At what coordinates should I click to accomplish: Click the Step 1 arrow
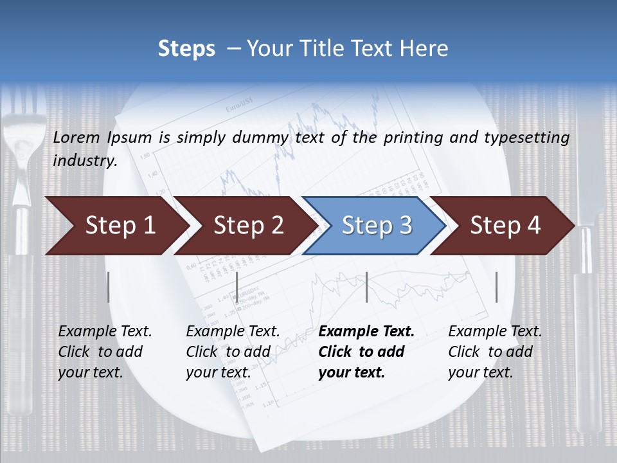(x=116, y=226)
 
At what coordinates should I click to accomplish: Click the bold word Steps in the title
(x=186, y=49)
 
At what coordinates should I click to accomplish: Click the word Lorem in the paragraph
(x=77, y=137)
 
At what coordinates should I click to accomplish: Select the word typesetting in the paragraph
(x=526, y=138)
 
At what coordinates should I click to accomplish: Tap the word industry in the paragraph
(x=85, y=161)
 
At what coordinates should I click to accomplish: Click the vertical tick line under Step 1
(x=109, y=287)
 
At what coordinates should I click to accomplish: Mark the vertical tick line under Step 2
(x=237, y=287)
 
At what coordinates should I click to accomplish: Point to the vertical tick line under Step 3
(x=366, y=287)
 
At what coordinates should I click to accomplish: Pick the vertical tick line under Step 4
(x=496, y=287)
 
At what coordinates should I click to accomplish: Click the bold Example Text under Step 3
(x=366, y=332)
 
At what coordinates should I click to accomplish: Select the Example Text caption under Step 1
(x=105, y=332)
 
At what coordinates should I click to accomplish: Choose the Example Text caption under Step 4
(x=495, y=332)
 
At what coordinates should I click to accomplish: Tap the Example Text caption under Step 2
(x=233, y=332)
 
